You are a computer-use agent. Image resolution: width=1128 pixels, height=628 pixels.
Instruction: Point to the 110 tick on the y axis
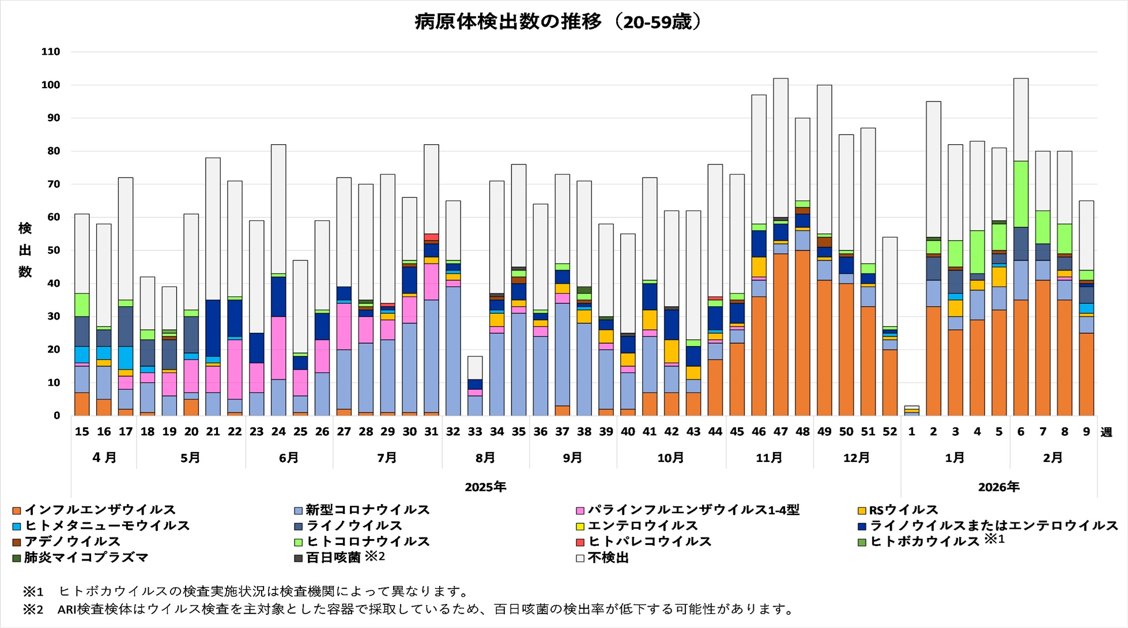click(51, 52)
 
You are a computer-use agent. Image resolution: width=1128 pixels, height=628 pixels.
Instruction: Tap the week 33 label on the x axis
click(475, 432)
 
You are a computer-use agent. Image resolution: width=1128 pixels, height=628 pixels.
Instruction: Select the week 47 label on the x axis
click(780, 432)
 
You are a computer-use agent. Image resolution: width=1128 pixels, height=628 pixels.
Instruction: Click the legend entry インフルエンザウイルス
click(100, 510)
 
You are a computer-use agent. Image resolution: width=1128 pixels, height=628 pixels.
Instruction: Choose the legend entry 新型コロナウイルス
click(367, 510)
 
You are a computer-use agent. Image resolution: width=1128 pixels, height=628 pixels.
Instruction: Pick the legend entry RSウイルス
click(903, 510)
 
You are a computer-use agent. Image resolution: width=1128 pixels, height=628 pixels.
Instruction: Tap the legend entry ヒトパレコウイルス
click(649, 542)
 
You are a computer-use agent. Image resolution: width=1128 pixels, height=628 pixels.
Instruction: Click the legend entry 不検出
click(608, 558)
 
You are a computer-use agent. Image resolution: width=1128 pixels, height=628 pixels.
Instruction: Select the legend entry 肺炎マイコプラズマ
click(86, 558)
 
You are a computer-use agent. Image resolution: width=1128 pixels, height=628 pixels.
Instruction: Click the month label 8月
click(485, 458)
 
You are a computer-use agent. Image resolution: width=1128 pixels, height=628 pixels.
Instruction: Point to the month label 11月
click(769, 458)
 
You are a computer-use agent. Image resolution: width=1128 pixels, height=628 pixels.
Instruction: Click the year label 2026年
click(998, 487)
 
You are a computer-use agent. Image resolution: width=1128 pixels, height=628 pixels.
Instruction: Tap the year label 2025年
click(485, 487)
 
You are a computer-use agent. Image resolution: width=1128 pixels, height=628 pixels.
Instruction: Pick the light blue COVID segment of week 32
click(453, 351)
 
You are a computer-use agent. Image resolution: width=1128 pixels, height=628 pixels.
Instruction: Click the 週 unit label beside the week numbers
click(1106, 433)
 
